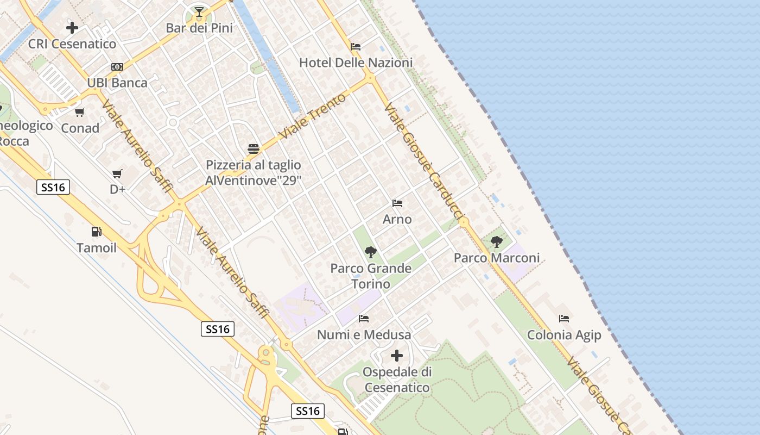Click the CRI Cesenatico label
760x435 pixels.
pyautogui.click(x=72, y=44)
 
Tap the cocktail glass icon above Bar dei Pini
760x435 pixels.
pyautogui.click(x=199, y=11)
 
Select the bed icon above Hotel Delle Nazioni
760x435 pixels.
pyautogui.click(x=356, y=47)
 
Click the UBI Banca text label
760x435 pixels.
pyautogui.click(x=117, y=83)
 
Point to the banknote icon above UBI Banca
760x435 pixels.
pyautogui.click(x=117, y=67)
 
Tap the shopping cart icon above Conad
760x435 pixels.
pyautogui.click(x=80, y=113)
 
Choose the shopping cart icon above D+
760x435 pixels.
pyautogui.click(x=117, y=174)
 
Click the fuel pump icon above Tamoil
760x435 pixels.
pyautogui.click(x=97, y=232)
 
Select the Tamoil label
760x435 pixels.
pyautogui.click(x=97, y=248)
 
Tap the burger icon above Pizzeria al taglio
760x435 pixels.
pyautogui.click(x=253, y=149)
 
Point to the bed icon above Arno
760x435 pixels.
pyautogui.click(x=397, y=203)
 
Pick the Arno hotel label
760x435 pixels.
pyautogui.click(x=397, y=220)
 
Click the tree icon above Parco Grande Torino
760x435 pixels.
pyautogui.click(x=371, y=252)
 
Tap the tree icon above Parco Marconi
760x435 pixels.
pyautogui.click(x=496, y=242)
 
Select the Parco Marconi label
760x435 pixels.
pyautogui.click(x=497, y=258)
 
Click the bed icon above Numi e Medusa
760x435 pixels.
pyautogui.click(x=364, y=319)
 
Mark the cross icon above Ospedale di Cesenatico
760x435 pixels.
pyautogui.click(x=397, y=356)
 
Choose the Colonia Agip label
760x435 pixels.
pyautogui.click(x=564, y=335)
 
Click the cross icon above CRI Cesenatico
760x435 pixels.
pyautogui.click(x=72, y=27)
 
